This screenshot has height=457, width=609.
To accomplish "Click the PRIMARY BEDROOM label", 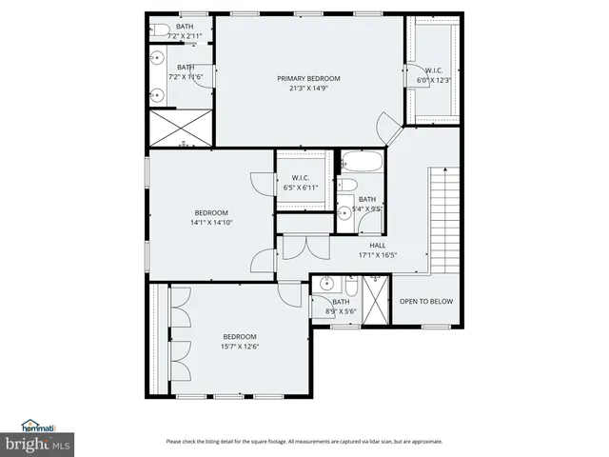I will point(308,78).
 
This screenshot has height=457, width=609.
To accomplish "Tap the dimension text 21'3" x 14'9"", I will point(308,88).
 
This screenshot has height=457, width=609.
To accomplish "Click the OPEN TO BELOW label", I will point(425,302).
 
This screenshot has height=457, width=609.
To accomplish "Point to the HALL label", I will point(364,245).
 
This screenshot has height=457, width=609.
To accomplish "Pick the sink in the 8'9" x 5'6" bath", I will point(327,284).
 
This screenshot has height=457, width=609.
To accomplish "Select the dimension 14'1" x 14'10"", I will point(211,222).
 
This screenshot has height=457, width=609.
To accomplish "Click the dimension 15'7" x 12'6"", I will point(240,346).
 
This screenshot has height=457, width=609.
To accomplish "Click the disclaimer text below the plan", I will point(304,441).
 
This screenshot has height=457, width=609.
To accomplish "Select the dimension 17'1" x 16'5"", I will point(377,254).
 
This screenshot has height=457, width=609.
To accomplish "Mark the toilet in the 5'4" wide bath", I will point(348,186).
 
